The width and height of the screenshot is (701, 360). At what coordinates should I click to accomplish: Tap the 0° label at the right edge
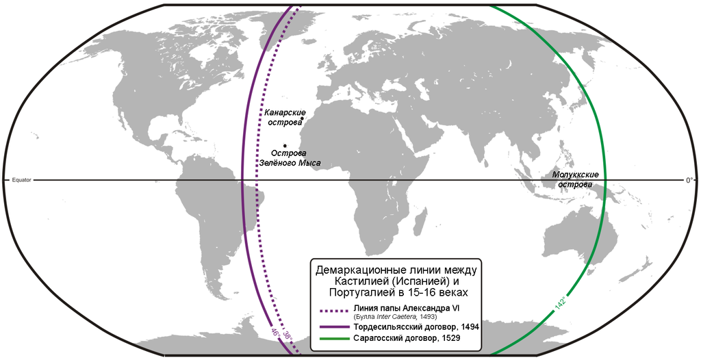689,180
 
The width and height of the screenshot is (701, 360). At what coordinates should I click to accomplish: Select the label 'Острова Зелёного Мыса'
289,158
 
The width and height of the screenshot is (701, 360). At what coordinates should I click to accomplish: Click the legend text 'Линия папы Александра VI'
407,307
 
